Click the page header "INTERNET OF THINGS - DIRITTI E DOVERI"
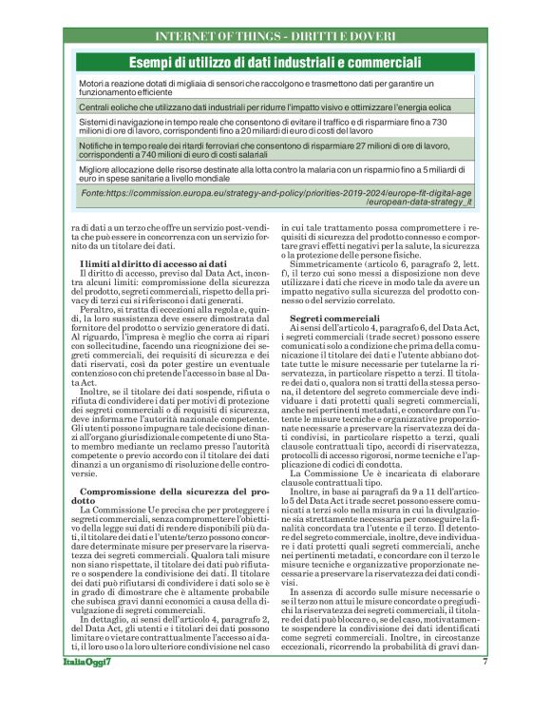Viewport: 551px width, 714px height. [x=275, y=37]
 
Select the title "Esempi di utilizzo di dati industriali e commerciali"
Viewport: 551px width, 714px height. [x=275, y=63]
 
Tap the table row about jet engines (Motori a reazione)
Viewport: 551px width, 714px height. [x=275, y=89]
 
